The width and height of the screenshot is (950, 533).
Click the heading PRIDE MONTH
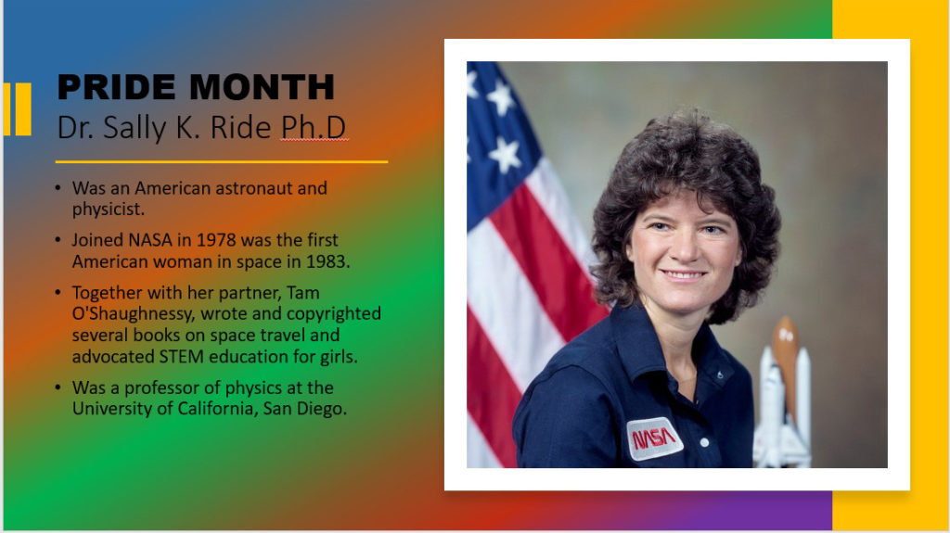tap(196, 87)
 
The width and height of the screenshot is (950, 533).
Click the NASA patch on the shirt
tap(654, 438)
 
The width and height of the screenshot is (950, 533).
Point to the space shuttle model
tap(782, 399)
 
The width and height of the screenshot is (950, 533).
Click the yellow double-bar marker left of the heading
tap(17, 108)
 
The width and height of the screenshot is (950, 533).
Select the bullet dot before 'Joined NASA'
tap(59, 240)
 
